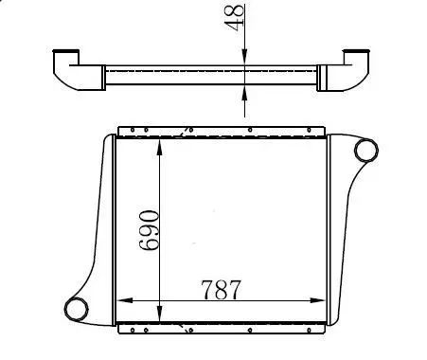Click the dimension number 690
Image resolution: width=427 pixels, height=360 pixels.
(x=149, y=230)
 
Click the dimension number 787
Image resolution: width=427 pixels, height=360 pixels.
(x=221, y=289)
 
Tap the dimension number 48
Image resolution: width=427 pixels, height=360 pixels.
(x=235, y=17)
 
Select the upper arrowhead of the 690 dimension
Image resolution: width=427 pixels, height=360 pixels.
(x=160, y=147)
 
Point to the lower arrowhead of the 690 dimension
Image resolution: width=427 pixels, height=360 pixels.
(x=160, y=314)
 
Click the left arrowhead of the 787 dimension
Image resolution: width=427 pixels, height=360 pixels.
(x=125, y=300)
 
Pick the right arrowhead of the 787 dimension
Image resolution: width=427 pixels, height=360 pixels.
(x=317, y=300)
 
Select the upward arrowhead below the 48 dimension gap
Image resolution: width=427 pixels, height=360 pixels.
(x=244, y=93)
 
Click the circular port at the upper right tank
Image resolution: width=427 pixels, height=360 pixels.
(x=366, y=150)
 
